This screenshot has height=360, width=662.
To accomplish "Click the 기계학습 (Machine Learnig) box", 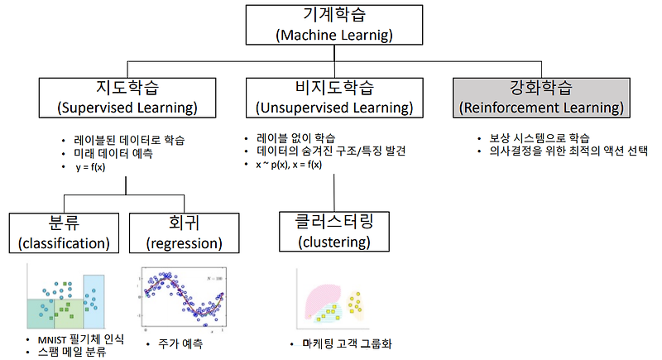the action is (x=334, y=25).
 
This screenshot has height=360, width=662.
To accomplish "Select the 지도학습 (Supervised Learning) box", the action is (x=127, y=98).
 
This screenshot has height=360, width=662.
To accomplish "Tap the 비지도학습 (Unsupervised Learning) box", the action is (x=334, y=98).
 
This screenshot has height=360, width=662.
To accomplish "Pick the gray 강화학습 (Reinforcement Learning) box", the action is (x=541, y=98).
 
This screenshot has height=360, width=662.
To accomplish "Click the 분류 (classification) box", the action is (x=64, y=233).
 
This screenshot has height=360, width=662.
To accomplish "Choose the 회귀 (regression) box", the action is (x=184, y=233).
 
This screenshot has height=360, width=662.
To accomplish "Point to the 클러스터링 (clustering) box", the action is (x=334, y=232).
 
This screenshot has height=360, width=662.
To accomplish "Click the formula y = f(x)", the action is (x=90, y=167).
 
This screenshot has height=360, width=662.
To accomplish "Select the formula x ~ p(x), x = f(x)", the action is (x=289, y=165).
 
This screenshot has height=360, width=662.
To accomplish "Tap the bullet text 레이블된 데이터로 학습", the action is (x=129, y=140).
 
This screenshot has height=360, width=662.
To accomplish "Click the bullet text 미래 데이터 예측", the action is (x=113, y=153).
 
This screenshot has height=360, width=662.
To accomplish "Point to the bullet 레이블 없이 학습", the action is (x=295, y=138).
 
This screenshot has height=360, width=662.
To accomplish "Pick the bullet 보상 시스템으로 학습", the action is (x=540, y=138).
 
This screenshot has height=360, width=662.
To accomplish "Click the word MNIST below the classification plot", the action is (x=52, y=340).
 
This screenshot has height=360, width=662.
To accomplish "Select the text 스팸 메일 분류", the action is (x=72, y=352).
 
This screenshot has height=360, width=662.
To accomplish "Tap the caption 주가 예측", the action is (x=180, y=343).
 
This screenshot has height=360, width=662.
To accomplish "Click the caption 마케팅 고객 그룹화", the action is (x=347, y=343).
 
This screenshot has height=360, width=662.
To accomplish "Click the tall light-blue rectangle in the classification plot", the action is (x=94, y=302).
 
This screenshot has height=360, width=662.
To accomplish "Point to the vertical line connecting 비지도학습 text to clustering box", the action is (x=334, y=193).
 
